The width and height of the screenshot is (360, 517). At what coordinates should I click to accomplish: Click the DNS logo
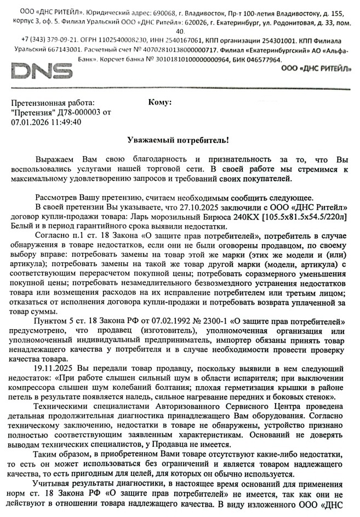(x=42, y=72)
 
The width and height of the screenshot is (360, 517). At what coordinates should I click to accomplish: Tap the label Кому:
(x=160, y=102)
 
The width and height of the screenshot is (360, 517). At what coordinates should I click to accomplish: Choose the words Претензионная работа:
(x=52, y=102)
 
